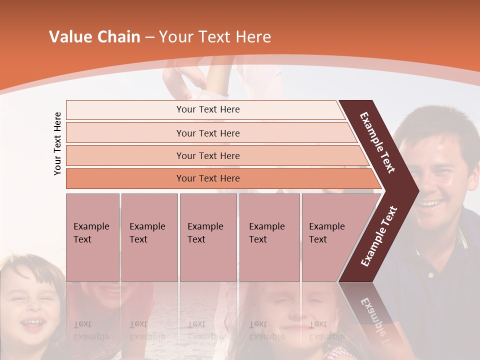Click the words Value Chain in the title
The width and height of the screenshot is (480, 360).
click(x=94, y=37)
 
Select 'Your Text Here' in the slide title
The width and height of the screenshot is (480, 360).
click(x=215, y=37)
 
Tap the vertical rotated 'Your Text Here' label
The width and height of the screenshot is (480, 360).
click(x=57, y=143)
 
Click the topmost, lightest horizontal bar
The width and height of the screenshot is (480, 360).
click(x=208, y=109)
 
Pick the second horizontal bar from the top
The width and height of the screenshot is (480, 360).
click(x=208, y=133)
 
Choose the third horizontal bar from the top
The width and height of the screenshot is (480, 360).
click(x=208, y=155)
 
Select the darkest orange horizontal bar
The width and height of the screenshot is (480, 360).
click(x=208, y=178)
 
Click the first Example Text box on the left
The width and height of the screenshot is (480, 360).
click(x=92, y=237)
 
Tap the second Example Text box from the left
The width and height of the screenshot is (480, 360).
click(x=149, y=237)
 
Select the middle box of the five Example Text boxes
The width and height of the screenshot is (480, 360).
click(x=208, y=237)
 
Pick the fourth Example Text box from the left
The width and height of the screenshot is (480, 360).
click(x=269, y=237)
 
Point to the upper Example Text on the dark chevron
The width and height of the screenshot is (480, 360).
click(x=378, y=142)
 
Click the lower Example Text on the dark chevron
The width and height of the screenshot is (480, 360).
click(x=379, y=236)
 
